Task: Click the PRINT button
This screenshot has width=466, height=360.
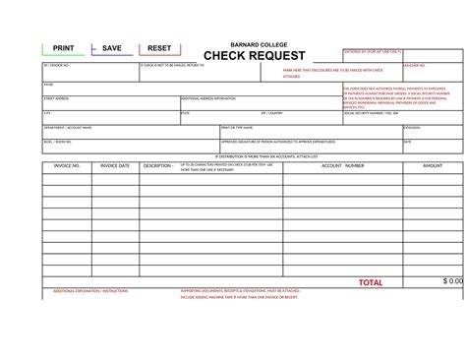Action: tap(63, 48)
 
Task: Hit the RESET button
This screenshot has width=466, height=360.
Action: tap(159, 48)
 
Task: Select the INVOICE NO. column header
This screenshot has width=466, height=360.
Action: tap(66, 166)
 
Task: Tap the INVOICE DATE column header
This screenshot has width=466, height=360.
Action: tap(115, 166)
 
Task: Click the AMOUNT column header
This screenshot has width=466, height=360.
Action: tap(433, 166)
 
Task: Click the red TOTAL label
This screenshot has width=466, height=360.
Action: tap(371, 283)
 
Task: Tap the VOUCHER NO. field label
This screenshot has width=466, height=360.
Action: tap(416, 65)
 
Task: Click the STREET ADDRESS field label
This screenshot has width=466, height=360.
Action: tap(56, 98)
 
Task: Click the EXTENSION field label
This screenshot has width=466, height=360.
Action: tap(412, 127)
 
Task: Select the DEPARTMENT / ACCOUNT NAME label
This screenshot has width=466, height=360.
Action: tap(68, 127)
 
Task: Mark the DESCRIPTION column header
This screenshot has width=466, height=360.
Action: tap(158, 166)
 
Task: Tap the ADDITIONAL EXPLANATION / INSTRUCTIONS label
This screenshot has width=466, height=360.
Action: tap(90, 292)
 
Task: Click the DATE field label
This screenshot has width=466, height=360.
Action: tap(408, 141)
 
